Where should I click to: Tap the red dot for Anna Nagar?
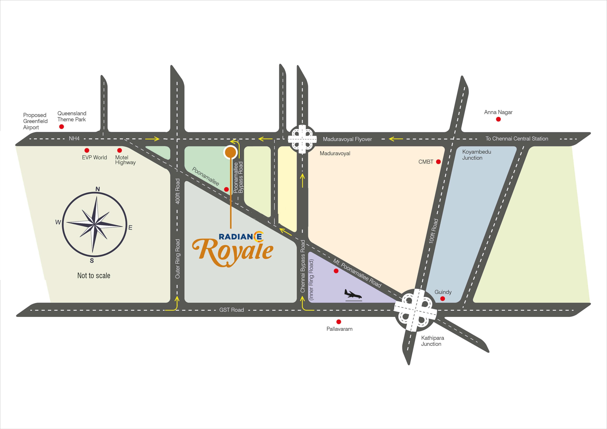click(x=498, y=119)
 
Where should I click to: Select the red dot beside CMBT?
click(x=438, y=162)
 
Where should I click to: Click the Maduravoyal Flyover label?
click(x=347, y=139)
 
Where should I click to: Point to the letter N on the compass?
click(x=98, y=189)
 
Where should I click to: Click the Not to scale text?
click(x=94, y=275)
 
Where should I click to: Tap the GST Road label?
click(x=232, y=310)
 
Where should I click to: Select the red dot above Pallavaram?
click(x=339, y=322)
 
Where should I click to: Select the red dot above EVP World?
click(x=87, y=150)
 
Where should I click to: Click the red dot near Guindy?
click(x=443, y=299)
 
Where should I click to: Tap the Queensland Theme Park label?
click(x=72, y=116)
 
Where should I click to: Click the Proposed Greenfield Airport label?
click(x=35, y=121)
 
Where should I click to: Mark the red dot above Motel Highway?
click(x=120, y=150)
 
